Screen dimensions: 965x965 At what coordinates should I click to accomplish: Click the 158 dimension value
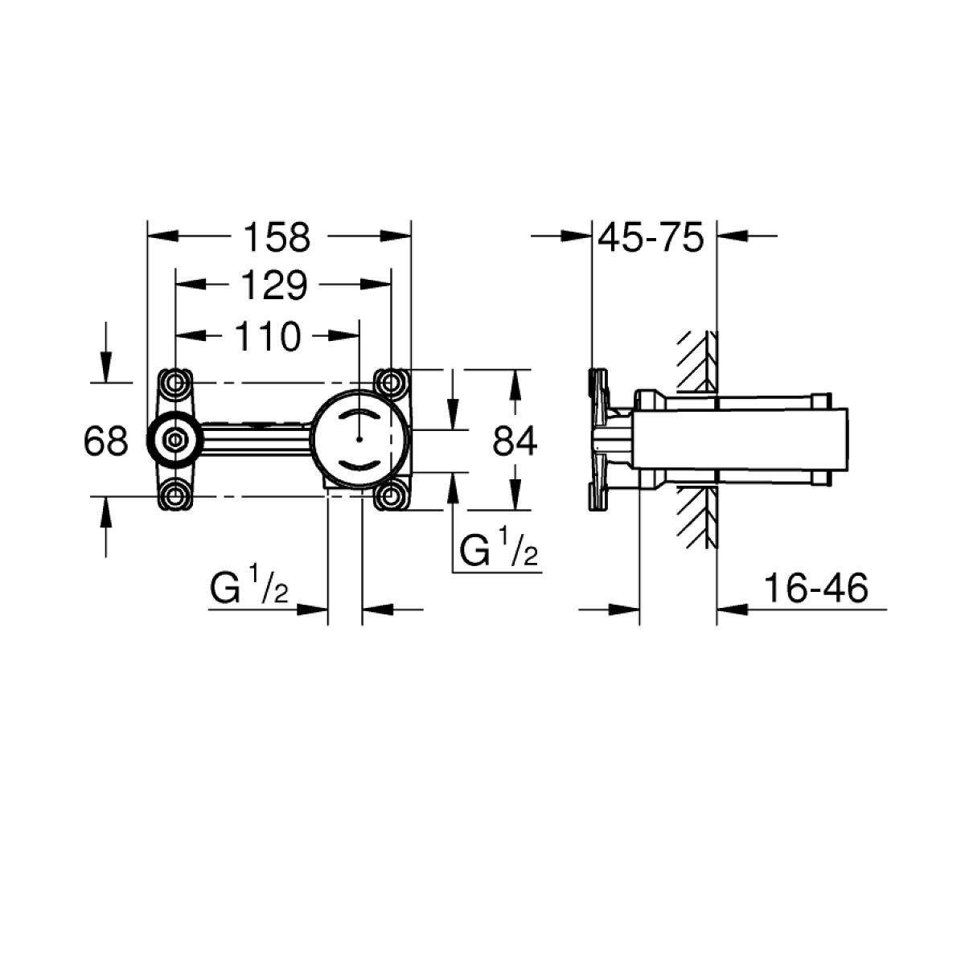(277, 238)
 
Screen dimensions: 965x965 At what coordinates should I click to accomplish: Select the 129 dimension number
(274, 286)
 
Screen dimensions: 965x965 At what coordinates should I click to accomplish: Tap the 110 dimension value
(268, 336)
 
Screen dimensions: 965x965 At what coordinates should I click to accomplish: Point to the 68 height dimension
(105, 441)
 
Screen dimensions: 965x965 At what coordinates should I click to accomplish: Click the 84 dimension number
(515, 441)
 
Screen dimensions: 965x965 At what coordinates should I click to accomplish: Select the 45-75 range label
(651, 237)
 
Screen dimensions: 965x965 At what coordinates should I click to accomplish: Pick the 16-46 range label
(816, 589)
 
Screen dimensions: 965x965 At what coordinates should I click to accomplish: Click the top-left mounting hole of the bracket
(175, 384)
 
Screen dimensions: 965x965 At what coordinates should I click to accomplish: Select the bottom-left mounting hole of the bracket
(175, 497)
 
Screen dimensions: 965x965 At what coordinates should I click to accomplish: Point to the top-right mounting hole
(391, 384)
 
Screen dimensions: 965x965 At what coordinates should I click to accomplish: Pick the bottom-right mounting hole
(391, 497)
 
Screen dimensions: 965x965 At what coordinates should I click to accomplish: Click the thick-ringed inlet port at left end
(175, 440)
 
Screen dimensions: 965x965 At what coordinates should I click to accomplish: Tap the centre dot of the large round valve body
(359, 440)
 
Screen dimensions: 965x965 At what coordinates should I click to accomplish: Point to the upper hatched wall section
(697, 363)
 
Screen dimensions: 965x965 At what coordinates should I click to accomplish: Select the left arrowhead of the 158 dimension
(163, 236)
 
